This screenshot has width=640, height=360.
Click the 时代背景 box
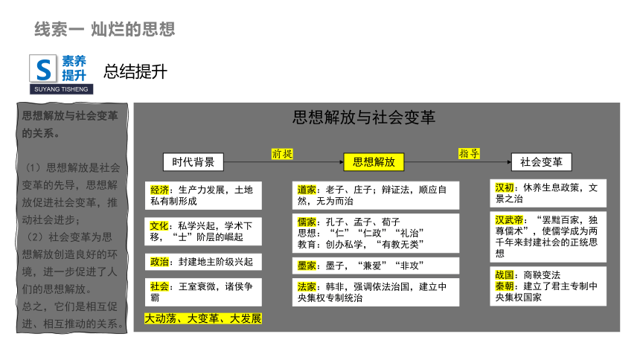(x=193, y=162)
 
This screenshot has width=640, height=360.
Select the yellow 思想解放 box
(x=374, y=162)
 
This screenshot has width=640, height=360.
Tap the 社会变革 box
(x=541, y=162)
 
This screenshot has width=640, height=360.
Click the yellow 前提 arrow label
(x=283, y=154)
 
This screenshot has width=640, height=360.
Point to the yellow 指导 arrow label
(x=469, y=153)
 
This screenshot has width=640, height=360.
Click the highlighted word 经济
(x=159, y=190)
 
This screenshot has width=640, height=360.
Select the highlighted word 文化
(x=159, y=225)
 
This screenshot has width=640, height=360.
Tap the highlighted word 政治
(x=159, y=262)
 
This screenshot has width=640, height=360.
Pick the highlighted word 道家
(x=307, y=190)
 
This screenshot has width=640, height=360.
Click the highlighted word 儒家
(x=307, y=222)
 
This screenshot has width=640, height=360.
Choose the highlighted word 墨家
(x=307, y=266)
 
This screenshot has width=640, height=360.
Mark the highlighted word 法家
(x=307, y=287)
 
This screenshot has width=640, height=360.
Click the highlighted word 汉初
(x=505, y=187)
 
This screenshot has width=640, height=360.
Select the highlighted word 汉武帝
(x=509, y=220)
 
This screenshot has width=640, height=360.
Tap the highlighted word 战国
(x=505, y=275)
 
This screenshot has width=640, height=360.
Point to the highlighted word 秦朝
(x=505, y=286)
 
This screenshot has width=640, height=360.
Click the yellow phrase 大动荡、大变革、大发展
(x=203, y=318)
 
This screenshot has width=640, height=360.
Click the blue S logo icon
(x=43, y=69)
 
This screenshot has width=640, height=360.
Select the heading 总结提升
(x=135, y=72)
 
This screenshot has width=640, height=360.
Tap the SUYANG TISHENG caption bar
(x=61, y=89)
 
